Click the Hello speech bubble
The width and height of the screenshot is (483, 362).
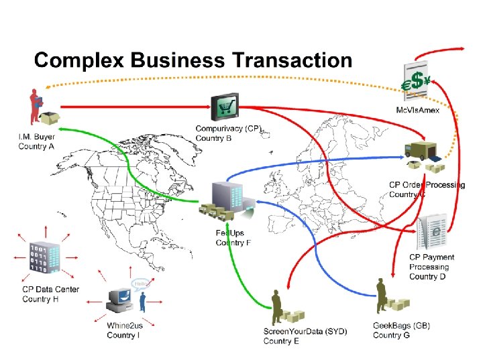[140, 284]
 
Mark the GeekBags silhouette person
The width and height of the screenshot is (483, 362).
[382, 296]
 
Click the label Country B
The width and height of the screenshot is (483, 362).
[213, 139]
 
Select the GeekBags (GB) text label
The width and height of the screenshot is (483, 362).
[401, 326]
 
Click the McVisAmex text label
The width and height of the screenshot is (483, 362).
[417, 110]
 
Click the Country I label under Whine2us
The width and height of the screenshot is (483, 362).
[123, 335]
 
